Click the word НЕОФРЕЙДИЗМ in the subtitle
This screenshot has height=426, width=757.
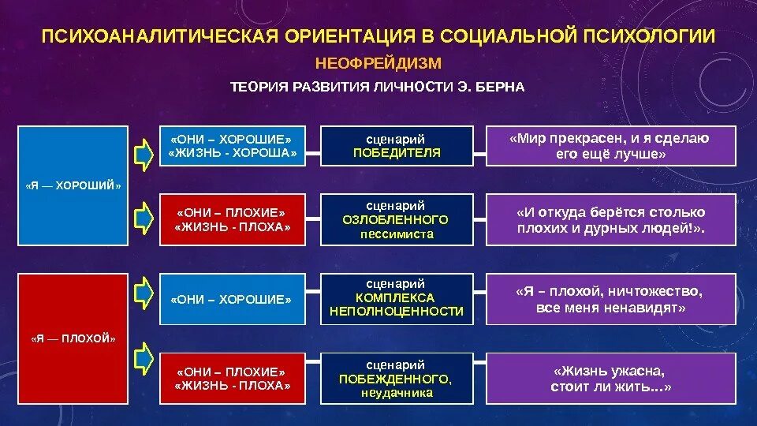378,63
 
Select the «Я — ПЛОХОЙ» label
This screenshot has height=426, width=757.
73,338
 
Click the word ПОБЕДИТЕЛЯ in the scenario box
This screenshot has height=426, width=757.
397,152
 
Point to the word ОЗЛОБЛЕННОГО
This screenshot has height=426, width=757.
397,219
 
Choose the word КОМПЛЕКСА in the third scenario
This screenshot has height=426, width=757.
397,297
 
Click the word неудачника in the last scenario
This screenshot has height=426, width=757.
397,393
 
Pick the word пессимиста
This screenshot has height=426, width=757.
397,234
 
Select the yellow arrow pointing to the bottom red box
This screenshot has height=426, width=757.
143,360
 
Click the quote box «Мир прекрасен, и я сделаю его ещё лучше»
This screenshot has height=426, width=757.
610,146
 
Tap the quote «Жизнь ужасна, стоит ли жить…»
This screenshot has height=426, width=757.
610,378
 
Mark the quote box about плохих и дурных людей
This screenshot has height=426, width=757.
610,220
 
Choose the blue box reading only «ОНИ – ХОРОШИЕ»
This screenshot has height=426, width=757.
231,300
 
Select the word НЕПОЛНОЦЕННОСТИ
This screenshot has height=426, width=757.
397,312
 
